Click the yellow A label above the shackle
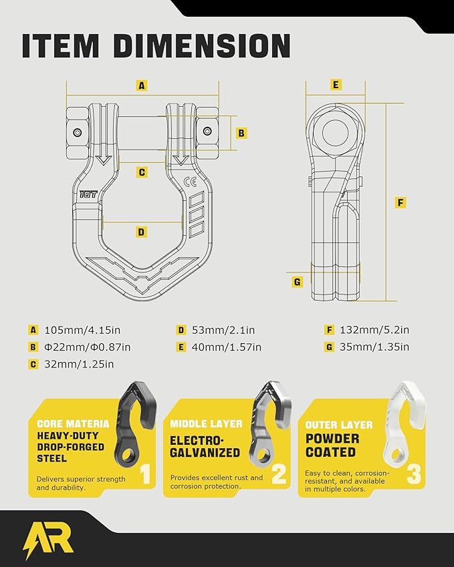(142, 85)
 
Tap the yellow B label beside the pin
(241, 133)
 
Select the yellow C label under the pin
(142, 172)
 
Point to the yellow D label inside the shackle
(141, 232)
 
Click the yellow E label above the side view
(336, 85)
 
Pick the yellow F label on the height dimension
(400, 202)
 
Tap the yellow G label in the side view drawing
(298, 282)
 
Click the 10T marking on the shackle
(88, 194)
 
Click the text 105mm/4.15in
(82, 330)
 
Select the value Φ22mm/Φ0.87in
(87, 347)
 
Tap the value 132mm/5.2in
(374, 330)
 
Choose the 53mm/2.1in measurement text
(223, 330)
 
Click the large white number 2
(279, 474)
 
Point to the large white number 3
(414, 474)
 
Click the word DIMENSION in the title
(202, 46)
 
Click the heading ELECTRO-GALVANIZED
(205, 447)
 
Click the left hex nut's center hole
(77, 132)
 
